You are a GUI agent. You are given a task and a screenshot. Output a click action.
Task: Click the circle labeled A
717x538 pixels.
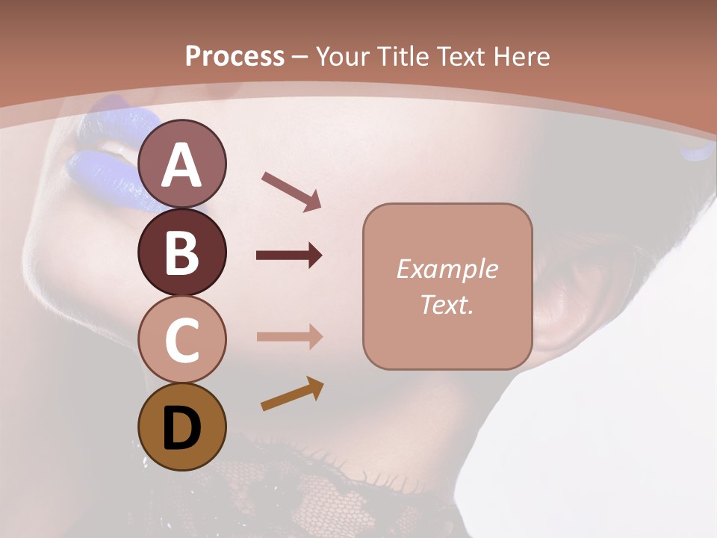click(x=182, y=164)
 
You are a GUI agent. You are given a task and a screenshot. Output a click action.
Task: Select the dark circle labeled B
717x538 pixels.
click(x=182, y=252)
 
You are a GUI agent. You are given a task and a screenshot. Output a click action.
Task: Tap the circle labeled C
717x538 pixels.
click(x=182, y=339)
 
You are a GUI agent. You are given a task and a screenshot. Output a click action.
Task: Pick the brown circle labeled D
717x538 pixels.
click(x=182, y=427)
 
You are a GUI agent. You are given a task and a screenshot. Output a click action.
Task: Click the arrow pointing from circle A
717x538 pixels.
click(x=291, y=191)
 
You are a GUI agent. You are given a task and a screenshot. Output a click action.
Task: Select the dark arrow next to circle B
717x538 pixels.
click(x=289, y=256)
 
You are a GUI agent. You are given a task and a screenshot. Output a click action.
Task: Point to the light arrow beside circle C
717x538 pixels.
click(x=289, y=336)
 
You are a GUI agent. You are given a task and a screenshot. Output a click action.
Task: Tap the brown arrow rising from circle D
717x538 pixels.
click(x=292, y=395)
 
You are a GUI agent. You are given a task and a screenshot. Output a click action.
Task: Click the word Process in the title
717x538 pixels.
click(x=235, y=56)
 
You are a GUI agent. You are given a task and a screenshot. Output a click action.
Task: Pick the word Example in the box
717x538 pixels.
click(x=447, y=269)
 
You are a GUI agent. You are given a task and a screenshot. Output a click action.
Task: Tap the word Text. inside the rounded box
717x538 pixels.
click(x=447, y=304)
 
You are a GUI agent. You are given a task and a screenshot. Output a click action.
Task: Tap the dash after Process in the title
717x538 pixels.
click(x=299, y=57)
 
